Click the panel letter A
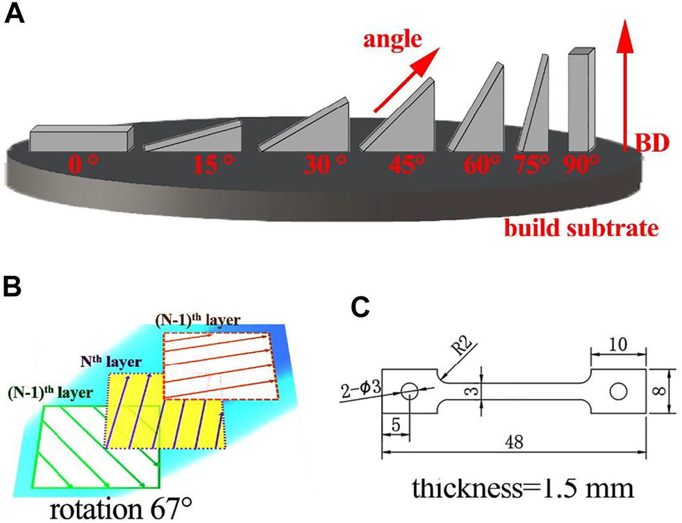[15, 15]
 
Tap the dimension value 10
[617, 344]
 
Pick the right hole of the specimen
[616, 392]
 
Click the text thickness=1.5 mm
[522, 488]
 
